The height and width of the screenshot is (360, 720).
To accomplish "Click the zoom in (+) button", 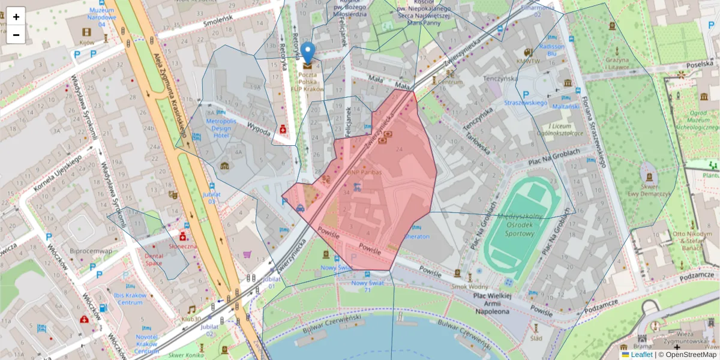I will [x=16, y=17].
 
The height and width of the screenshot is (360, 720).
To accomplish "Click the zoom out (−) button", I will [x=16, y=35].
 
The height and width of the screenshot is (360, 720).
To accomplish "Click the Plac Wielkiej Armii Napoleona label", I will [x=491, y=303].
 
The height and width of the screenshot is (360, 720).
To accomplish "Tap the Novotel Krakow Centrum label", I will [x=147, y=344].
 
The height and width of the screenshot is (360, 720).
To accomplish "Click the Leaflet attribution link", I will [x=642, y=355].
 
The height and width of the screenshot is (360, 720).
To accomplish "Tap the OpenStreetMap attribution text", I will [x=690, y=355].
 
